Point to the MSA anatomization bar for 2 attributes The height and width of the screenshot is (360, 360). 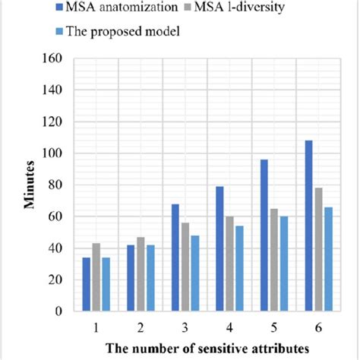point(131,277)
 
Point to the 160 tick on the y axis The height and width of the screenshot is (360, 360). point(71,58)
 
